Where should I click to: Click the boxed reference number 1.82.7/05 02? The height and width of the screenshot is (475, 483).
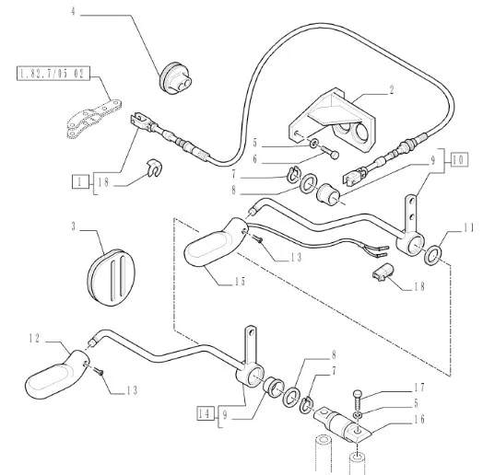(x=53, y=74)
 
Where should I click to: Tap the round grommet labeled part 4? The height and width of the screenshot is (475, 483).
(x=175, y=78)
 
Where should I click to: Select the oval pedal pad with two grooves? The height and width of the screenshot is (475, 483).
(x=112, y=277)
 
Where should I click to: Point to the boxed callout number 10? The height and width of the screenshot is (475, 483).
(x=459, y=159)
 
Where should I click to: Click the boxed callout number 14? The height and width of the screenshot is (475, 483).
(x=205, y=413)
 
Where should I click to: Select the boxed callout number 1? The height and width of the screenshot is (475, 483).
(x=80, y=182)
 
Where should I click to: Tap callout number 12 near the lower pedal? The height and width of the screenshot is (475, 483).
(x=34, y=339)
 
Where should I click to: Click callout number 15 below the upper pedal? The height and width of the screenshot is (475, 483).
(x=240, y=281)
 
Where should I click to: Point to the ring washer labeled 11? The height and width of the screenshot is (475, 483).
(x=434, y=254)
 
